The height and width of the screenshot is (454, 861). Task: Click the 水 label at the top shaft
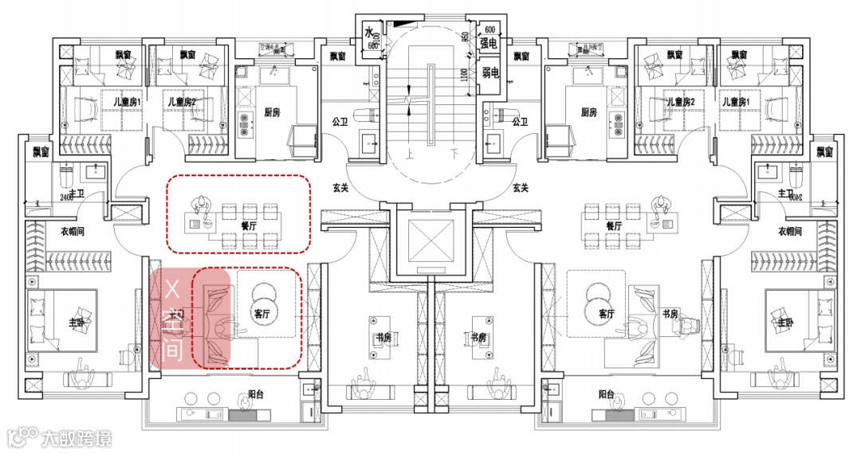[369, 33]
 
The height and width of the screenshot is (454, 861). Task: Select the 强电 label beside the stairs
[489, 44]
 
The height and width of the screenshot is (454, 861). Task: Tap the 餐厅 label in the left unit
[248, 226]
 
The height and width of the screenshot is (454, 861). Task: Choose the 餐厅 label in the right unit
[613, 226]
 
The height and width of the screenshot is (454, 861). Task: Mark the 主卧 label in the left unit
[77, 323]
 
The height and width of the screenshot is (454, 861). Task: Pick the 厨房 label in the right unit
[589, 112]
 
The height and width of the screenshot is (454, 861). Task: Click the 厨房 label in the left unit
[271, 112]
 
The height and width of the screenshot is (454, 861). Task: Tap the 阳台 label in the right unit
[606, 394]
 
